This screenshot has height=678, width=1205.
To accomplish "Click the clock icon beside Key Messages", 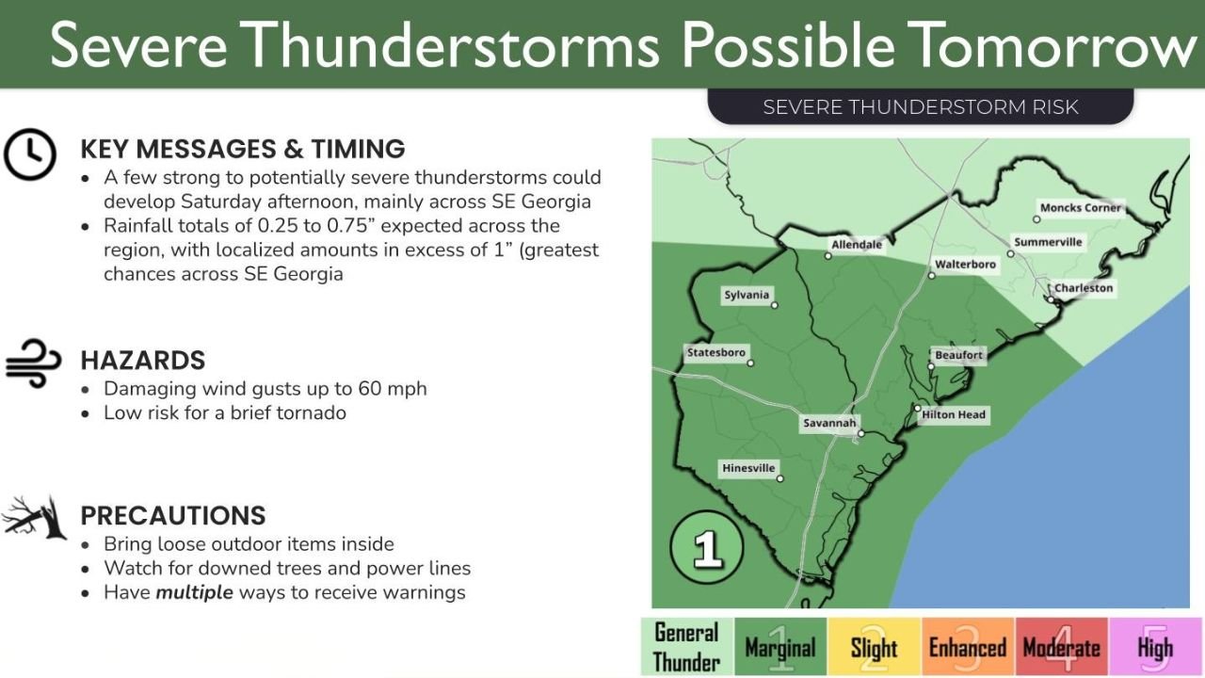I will [x=30, y=154].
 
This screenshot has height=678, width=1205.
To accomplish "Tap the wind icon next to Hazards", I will [x=33, y=363].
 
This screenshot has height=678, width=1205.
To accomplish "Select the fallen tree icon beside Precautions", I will [x=34, y=517].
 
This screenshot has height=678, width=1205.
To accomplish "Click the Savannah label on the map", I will [x=828, y=424].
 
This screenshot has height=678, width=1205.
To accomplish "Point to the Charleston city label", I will [x=1083, y=288].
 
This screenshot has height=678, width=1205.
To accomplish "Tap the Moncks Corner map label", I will [x=1080, y=208].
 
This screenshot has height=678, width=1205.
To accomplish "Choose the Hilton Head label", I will [x=954, y=414].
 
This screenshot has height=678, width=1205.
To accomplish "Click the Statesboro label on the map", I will [x=716, y=353].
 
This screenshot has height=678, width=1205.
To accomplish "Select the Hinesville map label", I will [x=748, y=468].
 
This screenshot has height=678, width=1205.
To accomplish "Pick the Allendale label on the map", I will [x=857, y=245].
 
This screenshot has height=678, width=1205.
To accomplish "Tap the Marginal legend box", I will [x=779, y=647].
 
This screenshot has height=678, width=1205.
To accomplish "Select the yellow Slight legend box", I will [x=874, y=647].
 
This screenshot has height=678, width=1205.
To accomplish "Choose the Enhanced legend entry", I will [x=967, y=647].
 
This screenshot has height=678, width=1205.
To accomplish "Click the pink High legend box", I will [x=1155, y=647].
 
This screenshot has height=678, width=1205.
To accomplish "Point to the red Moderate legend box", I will [x=1061, y=647].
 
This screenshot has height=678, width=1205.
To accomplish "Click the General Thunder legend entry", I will [x=686, y=647].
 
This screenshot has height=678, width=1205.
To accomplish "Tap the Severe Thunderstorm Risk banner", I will [x=920, y=106].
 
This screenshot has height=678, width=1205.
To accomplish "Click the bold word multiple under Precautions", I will [x=194, y=592].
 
